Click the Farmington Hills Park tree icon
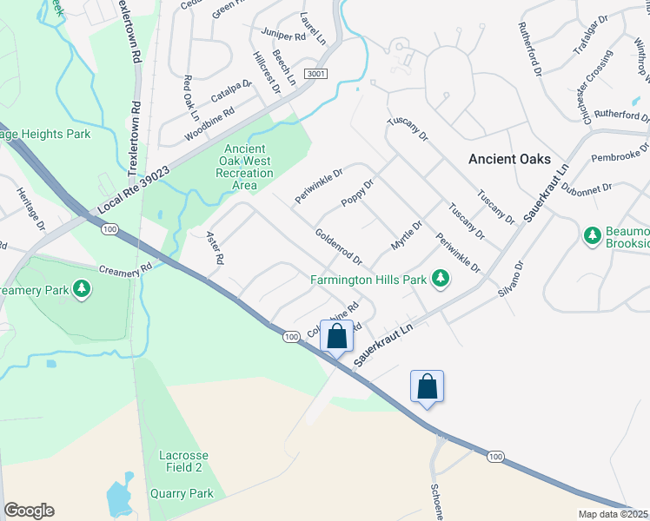[441, 278]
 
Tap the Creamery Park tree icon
[82, 287]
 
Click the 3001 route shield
[315, 75]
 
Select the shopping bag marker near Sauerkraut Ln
[337, 337]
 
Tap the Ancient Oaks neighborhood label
[509, 159]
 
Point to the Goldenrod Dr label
[338, 247]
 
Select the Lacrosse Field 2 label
[181, 461]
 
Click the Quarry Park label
[186, 493]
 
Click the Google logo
[29, 511]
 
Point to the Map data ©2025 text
[613, 514]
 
